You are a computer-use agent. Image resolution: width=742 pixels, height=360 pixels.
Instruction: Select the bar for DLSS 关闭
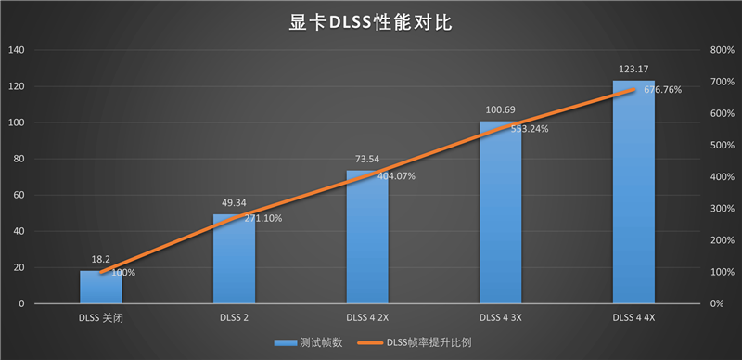(101, 288)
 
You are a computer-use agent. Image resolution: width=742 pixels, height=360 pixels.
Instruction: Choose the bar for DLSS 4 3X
(501, 213)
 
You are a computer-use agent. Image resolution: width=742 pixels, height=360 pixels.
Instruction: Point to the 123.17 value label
(633, 70)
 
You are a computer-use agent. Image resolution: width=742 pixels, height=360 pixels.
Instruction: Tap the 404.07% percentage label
(396, 176)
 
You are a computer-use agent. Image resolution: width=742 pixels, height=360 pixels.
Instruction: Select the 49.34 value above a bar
(234, 203)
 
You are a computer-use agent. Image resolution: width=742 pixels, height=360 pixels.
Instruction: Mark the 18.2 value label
(100, 260)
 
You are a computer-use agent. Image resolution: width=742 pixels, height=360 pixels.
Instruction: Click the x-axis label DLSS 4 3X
(501, 317)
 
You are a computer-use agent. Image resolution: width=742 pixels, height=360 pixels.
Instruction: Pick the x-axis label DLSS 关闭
(101, 317)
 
